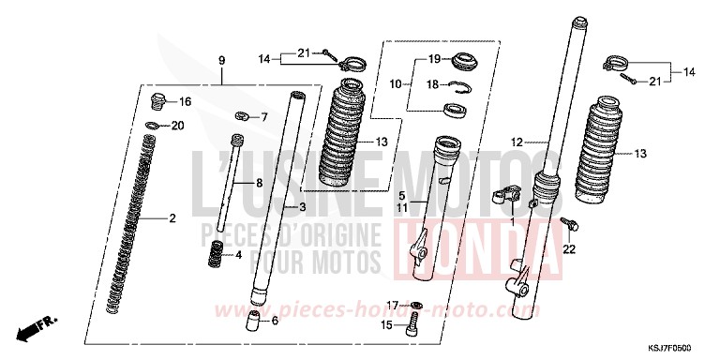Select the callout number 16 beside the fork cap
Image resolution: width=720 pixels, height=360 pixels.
click(186, 101)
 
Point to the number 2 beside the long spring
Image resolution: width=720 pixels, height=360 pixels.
click(172, 218)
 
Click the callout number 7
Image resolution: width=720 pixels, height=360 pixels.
click(264, 117)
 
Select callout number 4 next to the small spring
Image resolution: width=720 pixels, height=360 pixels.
click(239, 254)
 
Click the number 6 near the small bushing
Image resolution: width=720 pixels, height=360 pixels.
click(274, 322)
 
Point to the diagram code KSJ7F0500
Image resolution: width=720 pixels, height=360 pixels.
click(681, 348)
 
